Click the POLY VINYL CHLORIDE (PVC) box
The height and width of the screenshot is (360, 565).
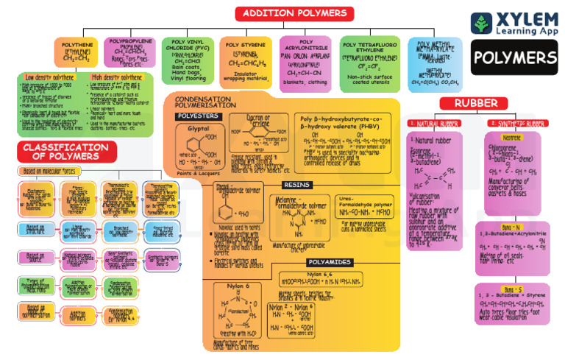pos(188,55)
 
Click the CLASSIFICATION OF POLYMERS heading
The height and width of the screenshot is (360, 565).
pos(60,152)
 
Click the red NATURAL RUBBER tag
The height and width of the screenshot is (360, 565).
pos(434,123)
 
